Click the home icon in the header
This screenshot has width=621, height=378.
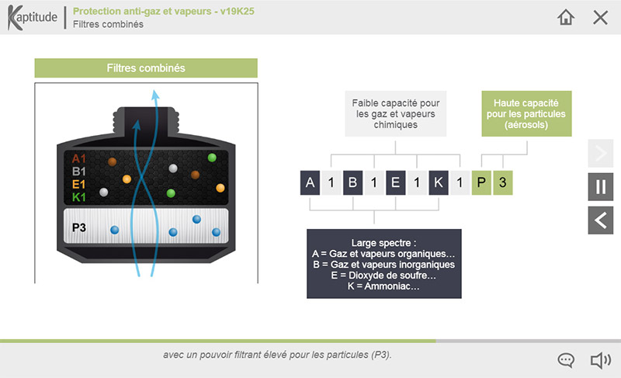pyautogui.click(x=566, y=17)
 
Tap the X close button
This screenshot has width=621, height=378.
pyautogui.click(x=600, y=17)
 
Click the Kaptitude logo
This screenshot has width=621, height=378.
pyautogui.click(x=32, y=17)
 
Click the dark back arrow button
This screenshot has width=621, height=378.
pyautogui.click(x=600, y=220)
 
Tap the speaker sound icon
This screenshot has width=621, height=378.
pyautogui.click(x=601, y=360)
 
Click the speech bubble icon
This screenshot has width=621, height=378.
pyautogui.click(x=566, y=360)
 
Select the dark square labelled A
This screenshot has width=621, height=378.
pyautogui.click(x=310, y=182)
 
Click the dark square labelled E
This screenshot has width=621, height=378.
pyautogui.click(x=396, y=182)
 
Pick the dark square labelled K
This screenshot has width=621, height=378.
pyautogui.click(x=439, y=182)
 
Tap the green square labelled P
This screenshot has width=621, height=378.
pyautogui.click(x=481, y=182)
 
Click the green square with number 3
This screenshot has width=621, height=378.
pyautogui.click(x=503, y=182)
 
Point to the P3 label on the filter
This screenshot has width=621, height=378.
pyautogui.click(x=79, y=227)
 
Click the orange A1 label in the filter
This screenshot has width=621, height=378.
pyautogui.click(x=79, y=158)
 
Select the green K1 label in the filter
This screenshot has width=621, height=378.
pyautogui.click(x=79, y=196)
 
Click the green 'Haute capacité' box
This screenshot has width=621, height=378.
pyautogui.click(x=526, y=113)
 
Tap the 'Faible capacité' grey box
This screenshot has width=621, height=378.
pyautogui.click(x=396, y=113)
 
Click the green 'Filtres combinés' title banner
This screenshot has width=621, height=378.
pyautogui.click(x=146, y=68)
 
